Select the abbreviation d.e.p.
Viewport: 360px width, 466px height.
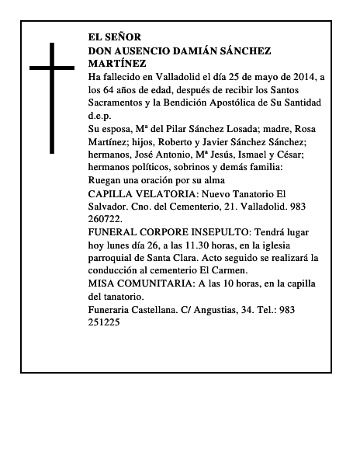[100, 116]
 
